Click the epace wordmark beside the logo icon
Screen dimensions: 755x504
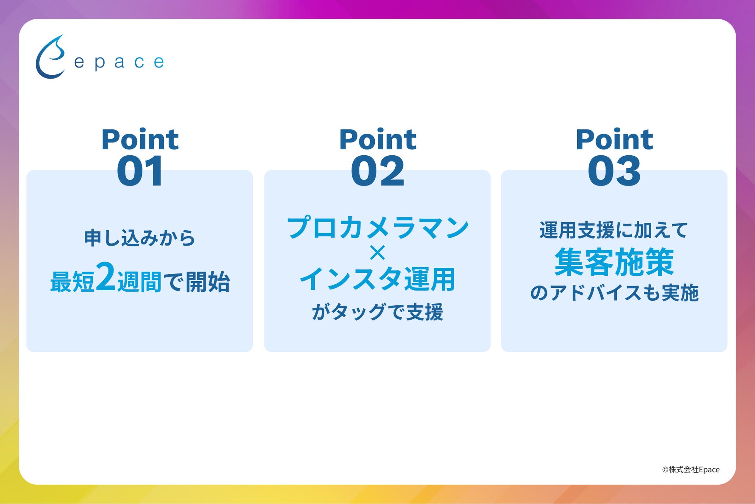click(x=119, y=62)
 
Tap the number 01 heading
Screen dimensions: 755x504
click(x=140, y=171)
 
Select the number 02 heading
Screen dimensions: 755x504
click(x=377, y=171)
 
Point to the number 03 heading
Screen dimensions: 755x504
click(x=614, y=171)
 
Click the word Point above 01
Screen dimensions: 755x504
click(x=140, y=139)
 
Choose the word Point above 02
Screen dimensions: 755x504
click(x=377, y=139)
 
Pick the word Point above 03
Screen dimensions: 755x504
click(x=614, y=139)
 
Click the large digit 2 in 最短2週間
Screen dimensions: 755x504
click(x=105, y=277)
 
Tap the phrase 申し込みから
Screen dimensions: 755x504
click(x=140, y=238)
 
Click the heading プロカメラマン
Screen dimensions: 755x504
click(x=377, y=227)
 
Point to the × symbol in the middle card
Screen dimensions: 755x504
click(x=377, y=253)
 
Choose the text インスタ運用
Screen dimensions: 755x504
click(x=377, y=279)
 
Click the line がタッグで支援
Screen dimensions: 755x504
click(x=377, y=312)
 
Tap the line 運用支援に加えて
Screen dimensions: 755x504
click(x=614, y=230)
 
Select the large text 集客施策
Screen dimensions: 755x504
click(x=614, y=262)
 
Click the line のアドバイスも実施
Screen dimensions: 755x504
click(x=614, y=293)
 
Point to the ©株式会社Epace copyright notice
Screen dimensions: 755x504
click(x=691, y=470)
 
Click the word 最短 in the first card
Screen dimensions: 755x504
click(x=72, y=282)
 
